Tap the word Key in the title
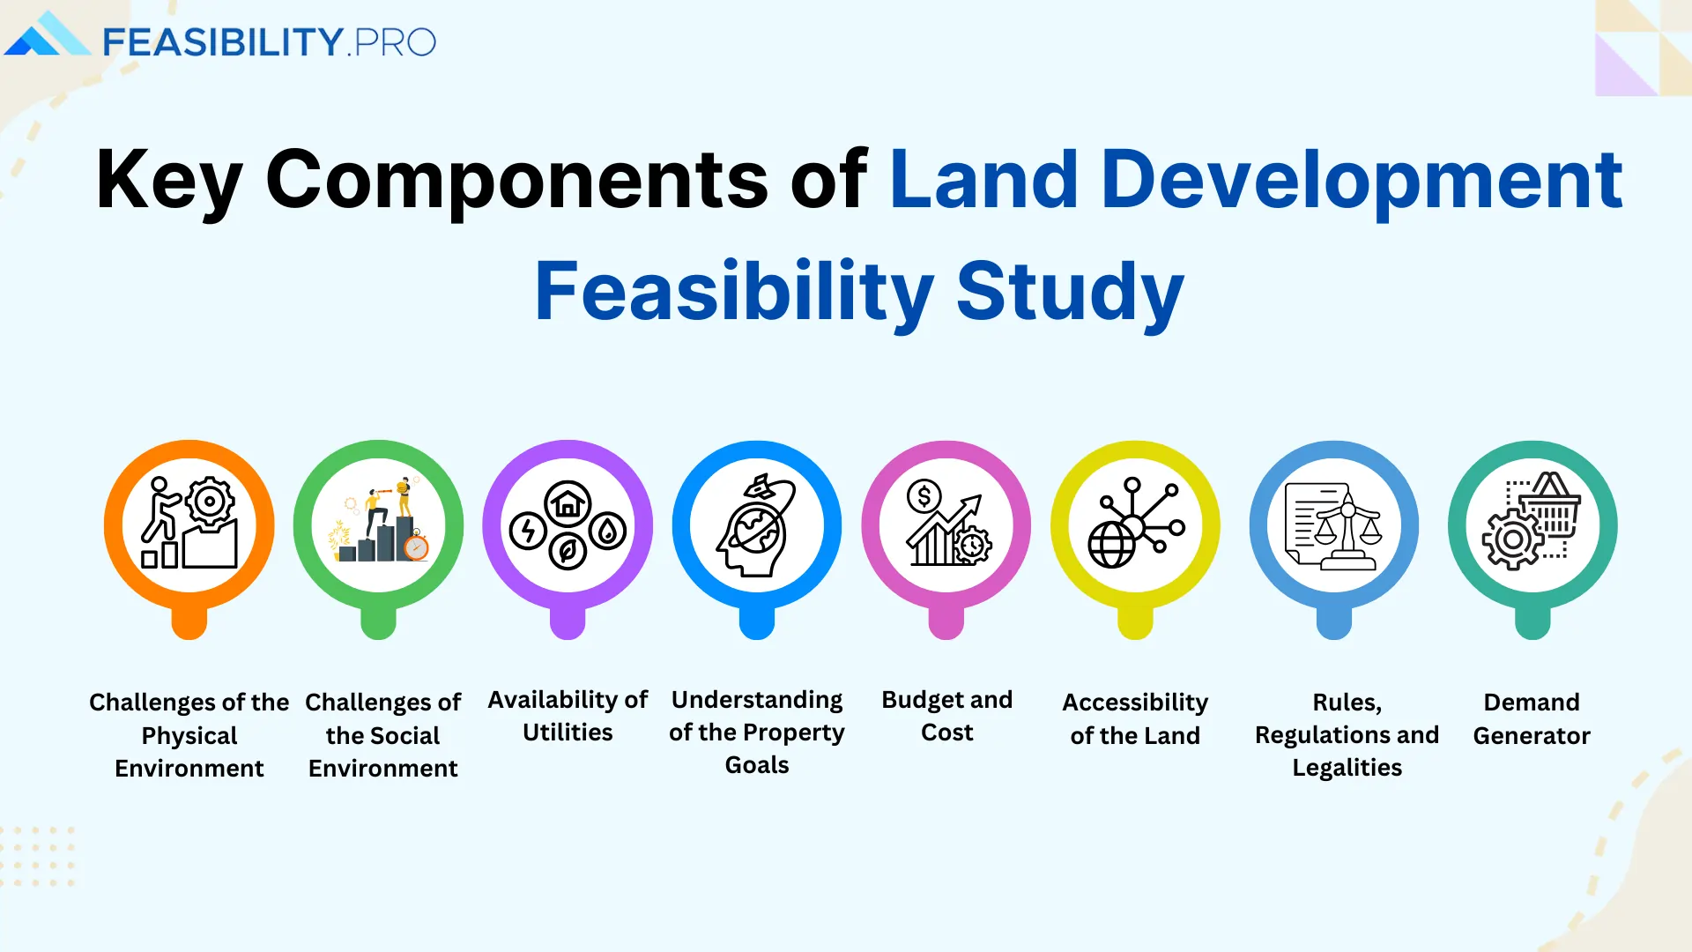[167, 180]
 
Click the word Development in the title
[1361, 180]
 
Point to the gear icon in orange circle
[210, 502]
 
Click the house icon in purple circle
[568, 504]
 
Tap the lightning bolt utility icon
[528, 532]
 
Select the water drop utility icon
[607, 532]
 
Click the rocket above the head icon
[761, 486]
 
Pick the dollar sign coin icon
[924, 497]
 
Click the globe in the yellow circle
[1111, 546]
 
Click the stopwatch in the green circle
[416, 547]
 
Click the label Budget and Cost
[946, 716]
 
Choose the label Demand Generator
[1531, 718]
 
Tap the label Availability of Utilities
[568, 716]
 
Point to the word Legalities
[1347, 768]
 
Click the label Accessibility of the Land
[1135, 718]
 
